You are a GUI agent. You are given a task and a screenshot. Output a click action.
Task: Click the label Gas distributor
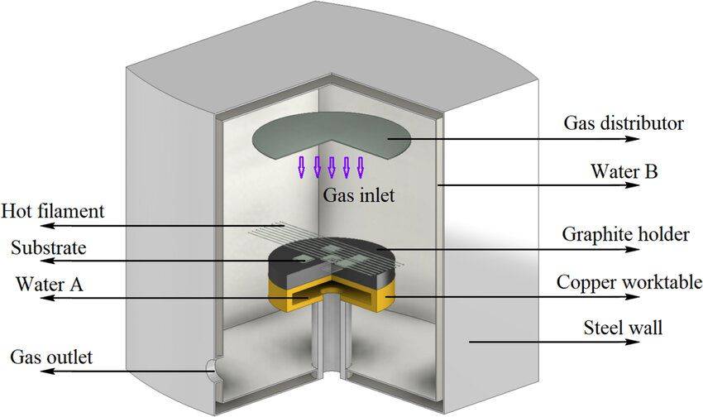tap(624, 124)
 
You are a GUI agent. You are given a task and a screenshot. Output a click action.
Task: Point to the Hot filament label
tap(53, 211)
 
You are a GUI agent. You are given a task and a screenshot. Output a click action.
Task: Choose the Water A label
tap(47, 284)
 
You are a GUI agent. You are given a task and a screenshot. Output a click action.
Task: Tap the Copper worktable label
tap(629, 282)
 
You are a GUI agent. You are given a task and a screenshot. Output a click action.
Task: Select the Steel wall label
tap(624, 328)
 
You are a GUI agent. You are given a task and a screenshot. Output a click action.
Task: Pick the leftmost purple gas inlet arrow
tap(303, 166)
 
